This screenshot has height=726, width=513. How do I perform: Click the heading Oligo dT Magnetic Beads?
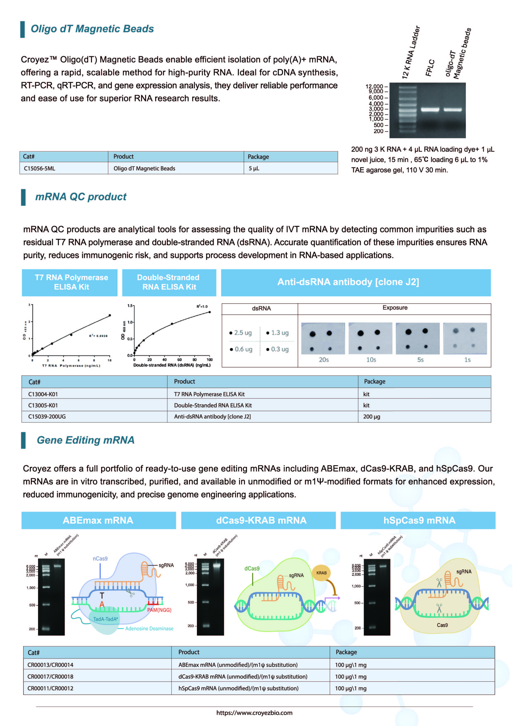pos(92,29)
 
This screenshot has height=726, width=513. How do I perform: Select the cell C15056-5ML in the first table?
pos(40,168)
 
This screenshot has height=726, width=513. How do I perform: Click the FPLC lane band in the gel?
pos(430,110)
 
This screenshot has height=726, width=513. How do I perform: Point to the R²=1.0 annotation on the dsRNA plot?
pos(202,307)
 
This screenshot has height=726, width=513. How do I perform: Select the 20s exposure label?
pos(324,360)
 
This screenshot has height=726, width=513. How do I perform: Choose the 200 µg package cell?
pos(372,417)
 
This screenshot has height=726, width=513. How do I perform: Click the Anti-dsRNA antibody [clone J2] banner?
pos(348,282)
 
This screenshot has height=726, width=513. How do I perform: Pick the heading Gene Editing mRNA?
pos(85,440)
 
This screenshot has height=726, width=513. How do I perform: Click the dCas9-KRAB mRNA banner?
pos(261,520)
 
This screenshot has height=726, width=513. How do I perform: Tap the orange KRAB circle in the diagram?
pos(321,573)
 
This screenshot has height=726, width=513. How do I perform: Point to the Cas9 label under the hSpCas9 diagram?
pos(442,625)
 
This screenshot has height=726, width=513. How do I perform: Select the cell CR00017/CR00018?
pos(50,677)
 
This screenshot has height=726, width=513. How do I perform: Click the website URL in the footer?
pos(254,713)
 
